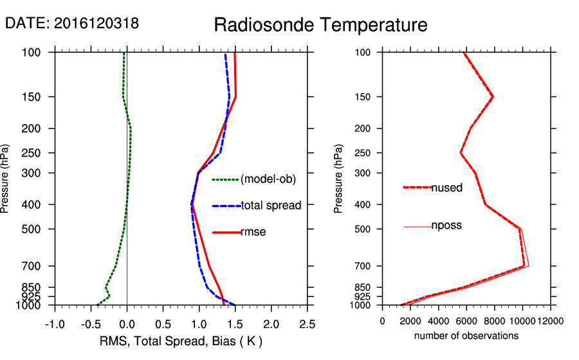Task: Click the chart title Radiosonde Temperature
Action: pos(320,25)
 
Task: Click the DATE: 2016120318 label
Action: pos(72,23)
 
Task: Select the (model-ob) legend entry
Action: pos(268,180)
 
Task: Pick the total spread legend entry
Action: pos(271,206)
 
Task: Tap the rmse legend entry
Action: pos(253,232)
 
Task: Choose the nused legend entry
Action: pos(446,188)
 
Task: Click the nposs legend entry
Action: pos(446,226)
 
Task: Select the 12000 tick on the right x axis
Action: pos(550,320)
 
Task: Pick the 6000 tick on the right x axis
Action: pos(466,320)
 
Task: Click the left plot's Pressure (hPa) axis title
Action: pos(6,178)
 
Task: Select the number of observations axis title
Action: pos(466,336)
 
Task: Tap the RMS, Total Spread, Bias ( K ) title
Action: pos(181,340)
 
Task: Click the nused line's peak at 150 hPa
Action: pos(493,97)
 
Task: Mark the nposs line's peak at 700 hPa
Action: pos(528,265)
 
